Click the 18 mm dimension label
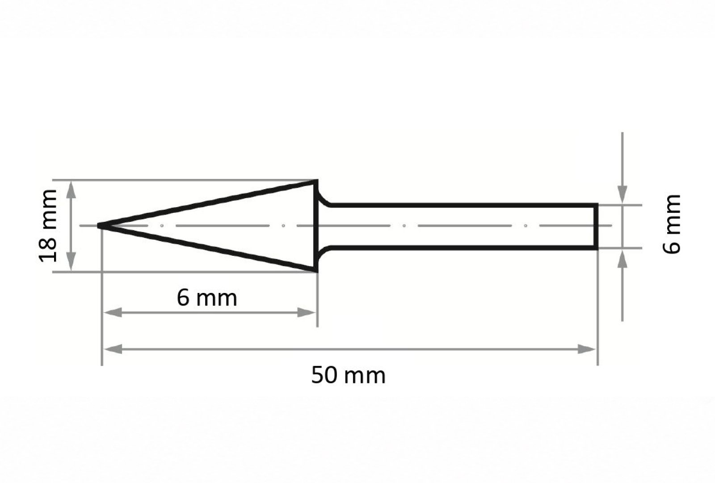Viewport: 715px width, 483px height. (48, 226)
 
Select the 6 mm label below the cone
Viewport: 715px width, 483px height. (207, 298)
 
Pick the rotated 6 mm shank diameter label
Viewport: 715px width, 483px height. (672, 224)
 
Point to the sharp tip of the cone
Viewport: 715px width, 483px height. (98, 225)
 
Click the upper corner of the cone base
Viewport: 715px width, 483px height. (316, 181)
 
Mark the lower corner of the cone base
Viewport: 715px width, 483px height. (316, 271)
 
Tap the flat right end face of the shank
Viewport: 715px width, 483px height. (596, 226)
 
